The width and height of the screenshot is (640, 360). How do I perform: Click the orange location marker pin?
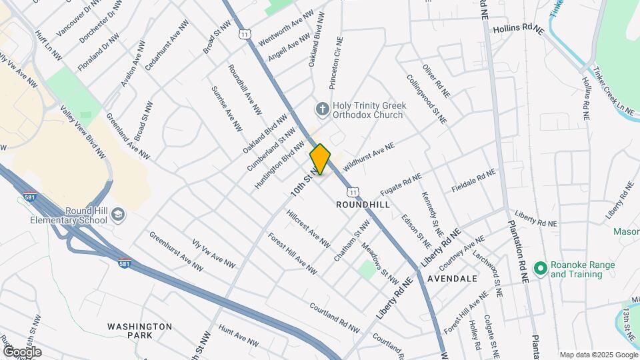click(x=320, y=159)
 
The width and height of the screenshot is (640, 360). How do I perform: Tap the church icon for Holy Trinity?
click(x=322, y=109)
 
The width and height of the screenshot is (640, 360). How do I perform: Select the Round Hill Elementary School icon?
click(x=118, y=213)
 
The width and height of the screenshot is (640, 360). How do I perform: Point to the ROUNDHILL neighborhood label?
click(x=363, y=205)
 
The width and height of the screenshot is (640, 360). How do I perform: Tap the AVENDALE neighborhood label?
click(x=453, y=278)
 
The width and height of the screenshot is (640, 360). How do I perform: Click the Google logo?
click(x=21, y=351)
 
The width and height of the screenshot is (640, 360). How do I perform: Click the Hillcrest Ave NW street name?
click(x=308, y=229)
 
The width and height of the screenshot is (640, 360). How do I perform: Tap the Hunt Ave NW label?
click(x=238, y=336)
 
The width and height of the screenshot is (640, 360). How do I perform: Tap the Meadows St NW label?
click(x=380, y=264)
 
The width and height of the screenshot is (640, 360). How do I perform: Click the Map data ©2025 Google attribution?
click(x=597, y=355)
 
